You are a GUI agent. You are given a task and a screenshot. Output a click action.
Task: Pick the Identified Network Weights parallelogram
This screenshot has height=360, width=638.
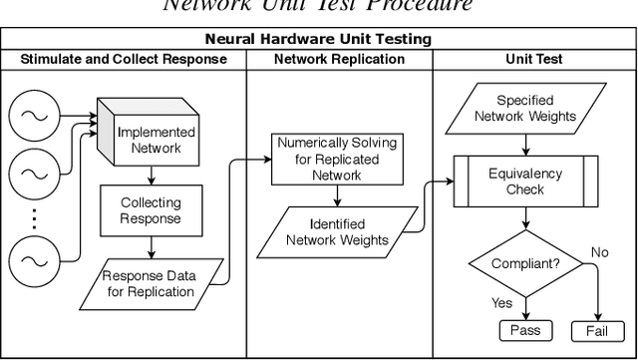(x=333, y=231)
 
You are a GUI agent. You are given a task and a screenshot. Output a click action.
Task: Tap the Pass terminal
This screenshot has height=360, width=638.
(x=524, y=330)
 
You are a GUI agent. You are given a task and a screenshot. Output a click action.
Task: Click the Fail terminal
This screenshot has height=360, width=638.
(x=596, y=330)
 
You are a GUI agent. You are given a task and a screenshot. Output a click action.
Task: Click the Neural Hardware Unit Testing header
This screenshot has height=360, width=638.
(x=319, y=41)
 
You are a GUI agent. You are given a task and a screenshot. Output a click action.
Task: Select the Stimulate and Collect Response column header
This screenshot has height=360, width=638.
(x=124, y=60)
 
